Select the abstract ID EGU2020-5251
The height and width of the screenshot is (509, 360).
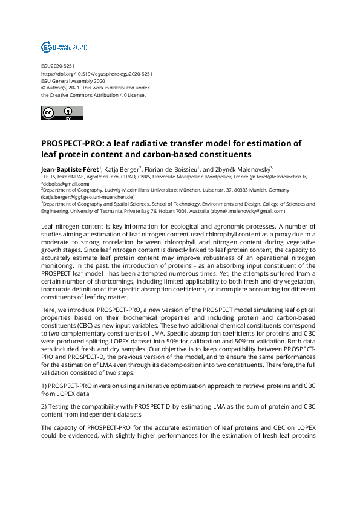57,66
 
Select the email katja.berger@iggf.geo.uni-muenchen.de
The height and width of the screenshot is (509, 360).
88,198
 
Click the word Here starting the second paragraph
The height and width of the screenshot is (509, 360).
48,308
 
